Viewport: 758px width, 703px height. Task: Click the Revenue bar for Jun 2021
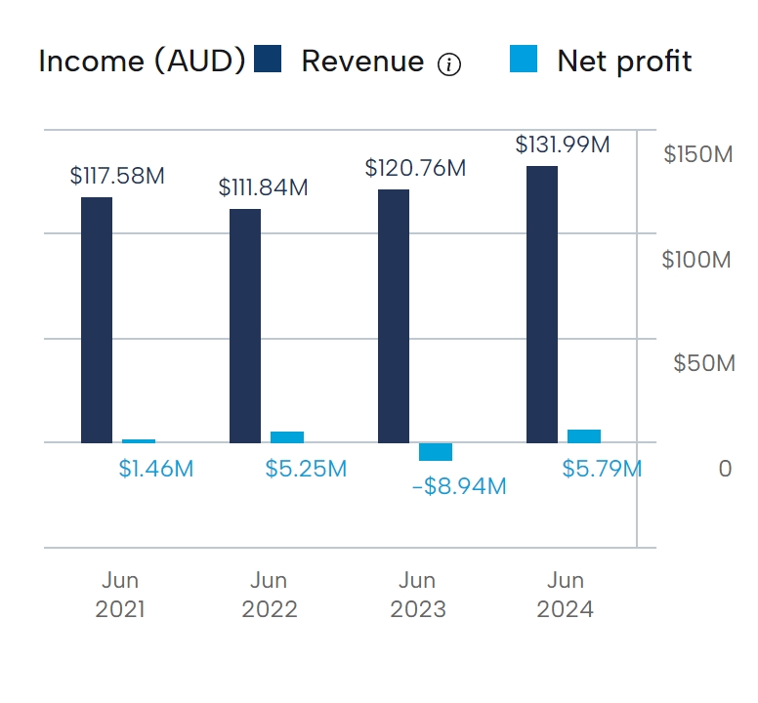click(97, 319)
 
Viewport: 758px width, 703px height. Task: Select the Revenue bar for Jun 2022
click(245, 325)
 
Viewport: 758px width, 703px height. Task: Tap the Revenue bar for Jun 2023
click(394, 315)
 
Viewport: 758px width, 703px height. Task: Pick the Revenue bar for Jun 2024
click(542, 304)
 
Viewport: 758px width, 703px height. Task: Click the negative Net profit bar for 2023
click(436, 452)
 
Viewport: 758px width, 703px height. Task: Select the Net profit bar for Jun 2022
click(287, 437)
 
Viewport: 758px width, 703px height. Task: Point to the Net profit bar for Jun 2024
click(584, 436)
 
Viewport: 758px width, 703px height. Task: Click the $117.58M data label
click(117, 176)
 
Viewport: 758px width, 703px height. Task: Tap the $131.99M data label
click(563, 145)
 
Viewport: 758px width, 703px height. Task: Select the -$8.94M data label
click(459, 485)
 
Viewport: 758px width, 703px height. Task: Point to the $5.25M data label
click(306, 469)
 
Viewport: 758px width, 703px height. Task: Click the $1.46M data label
click(156, 469)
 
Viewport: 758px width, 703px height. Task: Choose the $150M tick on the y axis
click(697, 154)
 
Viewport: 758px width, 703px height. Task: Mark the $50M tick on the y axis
click(703, 364)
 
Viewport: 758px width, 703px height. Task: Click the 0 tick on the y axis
click(725, 469)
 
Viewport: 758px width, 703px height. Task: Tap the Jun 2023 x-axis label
click(418, 596)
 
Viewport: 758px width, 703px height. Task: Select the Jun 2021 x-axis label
click(120, 596)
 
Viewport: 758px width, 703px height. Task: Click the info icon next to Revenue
click(448, 65)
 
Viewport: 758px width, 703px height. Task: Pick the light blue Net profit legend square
click(524, 60)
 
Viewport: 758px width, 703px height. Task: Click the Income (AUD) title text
click(142, 62)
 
